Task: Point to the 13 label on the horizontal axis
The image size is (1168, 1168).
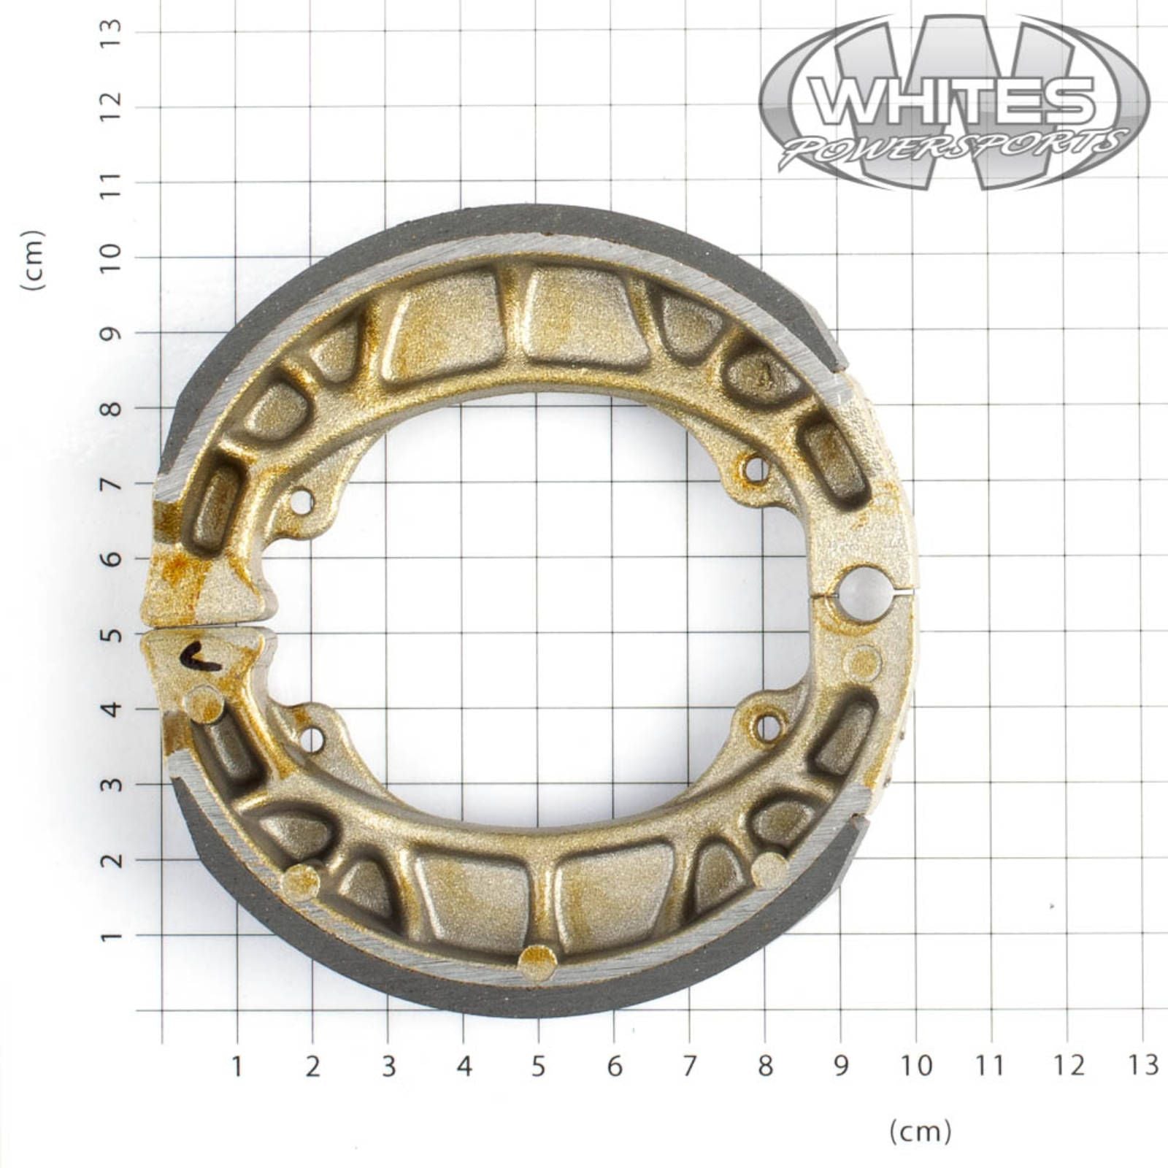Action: coord(1143,1065)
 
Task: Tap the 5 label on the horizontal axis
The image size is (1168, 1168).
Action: coord(538,1067)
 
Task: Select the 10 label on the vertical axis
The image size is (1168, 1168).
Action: coord(112,257)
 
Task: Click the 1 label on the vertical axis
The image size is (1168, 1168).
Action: coord(112,935)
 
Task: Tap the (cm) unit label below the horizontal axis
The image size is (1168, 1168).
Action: coord(920,1131)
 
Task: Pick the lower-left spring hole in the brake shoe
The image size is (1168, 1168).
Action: coord(312,739)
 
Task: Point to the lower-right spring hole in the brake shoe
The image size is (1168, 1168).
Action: coord(767,726)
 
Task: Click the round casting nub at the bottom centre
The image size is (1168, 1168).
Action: coord(537,962)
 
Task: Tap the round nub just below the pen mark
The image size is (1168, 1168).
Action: coord(204,704)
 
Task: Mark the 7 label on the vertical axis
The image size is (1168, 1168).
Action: coord(112,483)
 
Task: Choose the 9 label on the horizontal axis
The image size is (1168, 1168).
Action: coord(841,1067)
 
